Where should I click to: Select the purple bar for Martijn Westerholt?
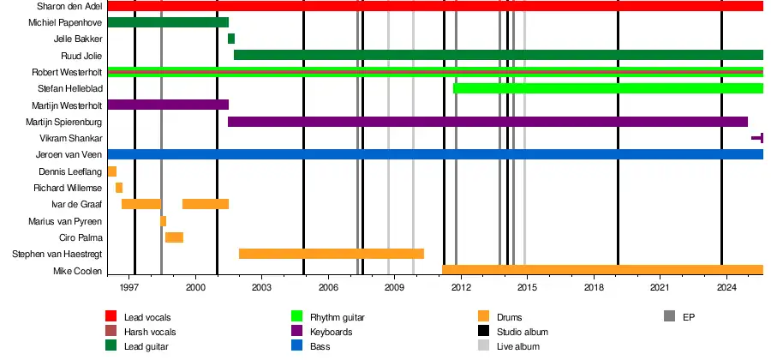[x=168, y=105]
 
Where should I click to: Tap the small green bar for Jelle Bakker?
[x=231, y=39]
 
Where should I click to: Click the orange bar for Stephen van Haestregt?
[x=331, y=254]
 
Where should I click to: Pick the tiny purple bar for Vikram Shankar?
[x=757, y=138]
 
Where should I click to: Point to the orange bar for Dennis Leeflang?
[x=112, y=171]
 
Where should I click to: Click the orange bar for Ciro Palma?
[x=174, y=237]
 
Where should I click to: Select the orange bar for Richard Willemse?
[x=119, y=188]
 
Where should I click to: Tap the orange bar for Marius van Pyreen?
[x=164, y=221]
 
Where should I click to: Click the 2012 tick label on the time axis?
[x=461, y=289]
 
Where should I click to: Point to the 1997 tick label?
[x=130, y=289]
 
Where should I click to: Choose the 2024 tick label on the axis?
[x=726, y=289]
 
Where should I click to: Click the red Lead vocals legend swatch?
[x=111, y=317]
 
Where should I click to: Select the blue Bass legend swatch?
[x=298, y=346]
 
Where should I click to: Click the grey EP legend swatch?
[x=670, y=317]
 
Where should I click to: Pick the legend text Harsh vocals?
[x=148, y=332]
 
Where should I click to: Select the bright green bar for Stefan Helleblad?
[x=607, y=88]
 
